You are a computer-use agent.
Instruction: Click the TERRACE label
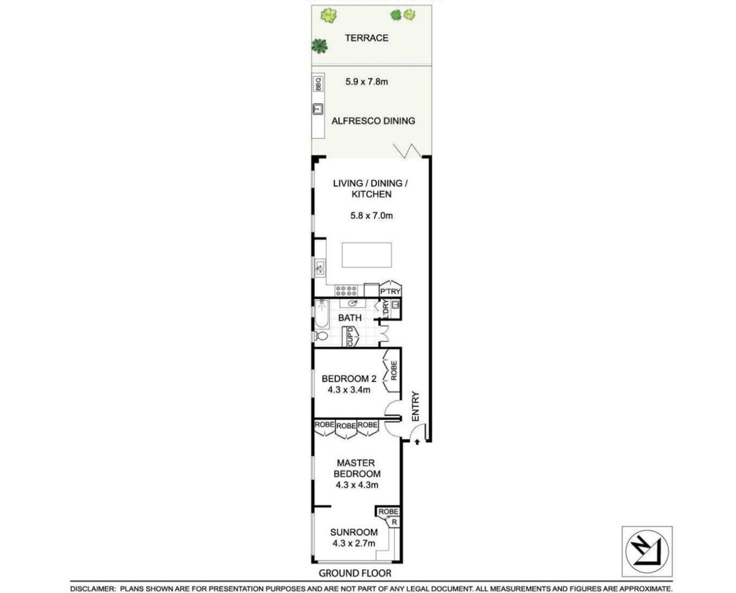(366, 38)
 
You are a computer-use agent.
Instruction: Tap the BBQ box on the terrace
(318, 84)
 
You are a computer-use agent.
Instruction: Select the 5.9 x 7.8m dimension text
(366, 81)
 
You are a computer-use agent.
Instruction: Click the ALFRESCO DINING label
(373, 121)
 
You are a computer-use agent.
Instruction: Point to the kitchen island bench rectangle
(367, 255)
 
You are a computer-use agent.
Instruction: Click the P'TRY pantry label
(390, 292)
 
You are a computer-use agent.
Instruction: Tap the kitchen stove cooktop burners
(346, 291)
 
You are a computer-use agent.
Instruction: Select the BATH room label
(350, 318)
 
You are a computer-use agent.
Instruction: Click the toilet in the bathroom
(320, 336)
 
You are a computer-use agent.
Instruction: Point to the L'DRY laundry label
(385, 309)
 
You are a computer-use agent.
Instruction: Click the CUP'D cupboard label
(350, 337)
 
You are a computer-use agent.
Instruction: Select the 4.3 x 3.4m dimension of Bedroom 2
(349, 390)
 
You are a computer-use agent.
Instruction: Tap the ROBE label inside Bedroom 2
(394, 371)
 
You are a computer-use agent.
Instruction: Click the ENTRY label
(415, 407)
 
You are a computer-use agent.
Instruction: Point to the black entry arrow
(417, 442)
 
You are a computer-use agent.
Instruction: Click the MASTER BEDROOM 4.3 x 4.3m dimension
(357, 485)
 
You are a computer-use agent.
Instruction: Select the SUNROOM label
(354, 532)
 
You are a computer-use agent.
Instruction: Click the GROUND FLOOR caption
(355, 573)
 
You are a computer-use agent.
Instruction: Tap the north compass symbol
(647, 552)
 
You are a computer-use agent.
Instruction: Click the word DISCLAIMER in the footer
(93, 589)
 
